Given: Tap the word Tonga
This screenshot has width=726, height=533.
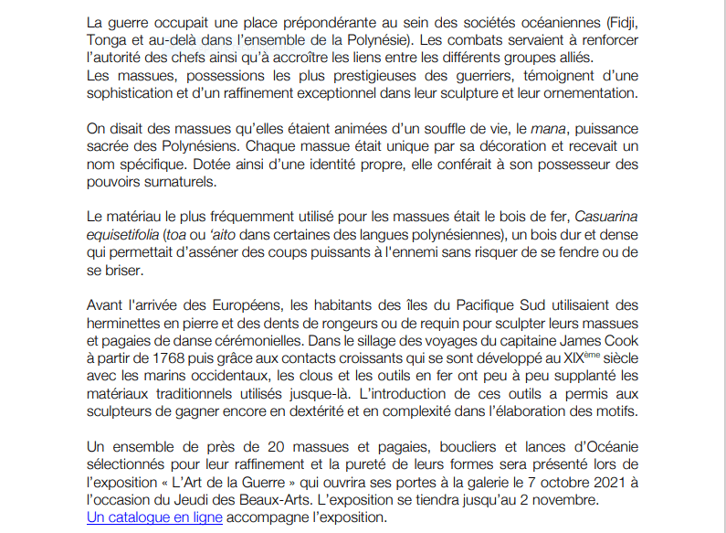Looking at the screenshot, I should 109,40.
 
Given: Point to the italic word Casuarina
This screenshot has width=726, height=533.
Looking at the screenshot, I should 608,216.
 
